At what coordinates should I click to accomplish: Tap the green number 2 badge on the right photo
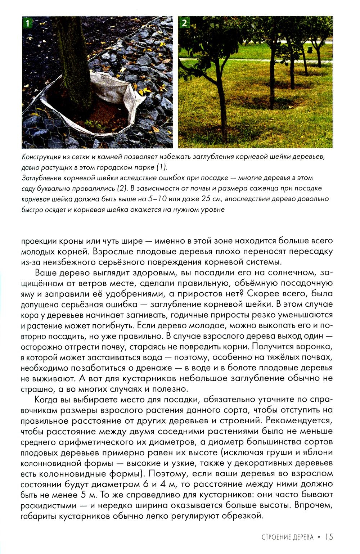[184, 23]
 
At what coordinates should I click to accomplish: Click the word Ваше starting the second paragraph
[46, 272]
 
